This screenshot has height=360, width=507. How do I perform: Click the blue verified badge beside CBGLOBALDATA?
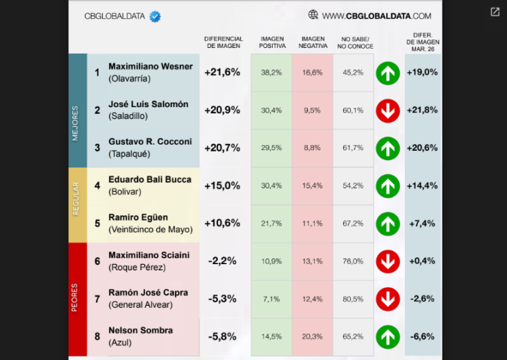[x=155, y=16]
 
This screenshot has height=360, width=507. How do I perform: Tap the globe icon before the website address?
[x=313, y=15]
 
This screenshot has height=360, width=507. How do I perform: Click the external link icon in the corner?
[x=495, y=12]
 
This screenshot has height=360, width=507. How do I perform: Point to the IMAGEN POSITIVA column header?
[x=272, y=42]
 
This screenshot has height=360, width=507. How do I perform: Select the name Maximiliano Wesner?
[x=150, y=67]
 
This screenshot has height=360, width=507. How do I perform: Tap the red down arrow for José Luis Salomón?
[x=388, y=111]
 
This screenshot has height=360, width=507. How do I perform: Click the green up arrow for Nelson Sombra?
[x=388, y=336]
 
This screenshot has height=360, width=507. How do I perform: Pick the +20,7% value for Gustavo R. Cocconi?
[x=222, y=148]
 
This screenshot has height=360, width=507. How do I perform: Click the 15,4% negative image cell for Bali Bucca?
[x=313, y=186]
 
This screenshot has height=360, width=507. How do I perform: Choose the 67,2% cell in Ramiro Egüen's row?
[x=353, y=223]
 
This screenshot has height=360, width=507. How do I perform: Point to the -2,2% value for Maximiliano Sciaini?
[x=222, y=261]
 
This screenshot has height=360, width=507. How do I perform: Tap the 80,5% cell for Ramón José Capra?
[x=353, y=299]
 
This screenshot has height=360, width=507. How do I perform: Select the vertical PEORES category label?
[x=76, y=299]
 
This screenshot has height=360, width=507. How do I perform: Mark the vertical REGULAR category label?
[x=76, y=204]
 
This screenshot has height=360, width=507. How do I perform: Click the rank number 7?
[x=97, y=300]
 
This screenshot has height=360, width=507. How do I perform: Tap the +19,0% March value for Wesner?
[x=422, y=72]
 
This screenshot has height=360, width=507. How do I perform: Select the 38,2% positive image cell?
[x=271, y=72]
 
